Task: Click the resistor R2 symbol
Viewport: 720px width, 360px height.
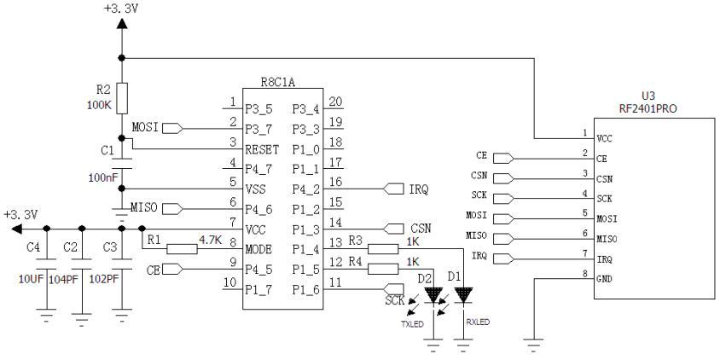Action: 122,95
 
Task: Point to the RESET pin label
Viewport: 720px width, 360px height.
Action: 263,148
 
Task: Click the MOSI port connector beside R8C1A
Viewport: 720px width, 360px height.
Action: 171,129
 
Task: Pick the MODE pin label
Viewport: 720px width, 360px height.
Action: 260,249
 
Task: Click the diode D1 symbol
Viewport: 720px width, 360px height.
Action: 463,294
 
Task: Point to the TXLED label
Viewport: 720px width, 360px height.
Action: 413,324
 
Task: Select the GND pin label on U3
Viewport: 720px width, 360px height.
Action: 604,278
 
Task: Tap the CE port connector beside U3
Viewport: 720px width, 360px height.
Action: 503,158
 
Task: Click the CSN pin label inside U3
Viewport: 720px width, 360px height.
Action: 605,178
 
